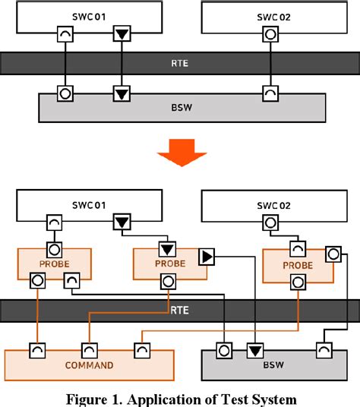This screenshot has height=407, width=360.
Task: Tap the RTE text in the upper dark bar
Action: (x=181, y=63)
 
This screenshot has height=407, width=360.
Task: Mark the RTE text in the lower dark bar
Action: (x=181, y=311)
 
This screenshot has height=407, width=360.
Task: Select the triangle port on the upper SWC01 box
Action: (x=122, y=33)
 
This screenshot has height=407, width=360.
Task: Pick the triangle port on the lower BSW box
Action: (x=255, y=350)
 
